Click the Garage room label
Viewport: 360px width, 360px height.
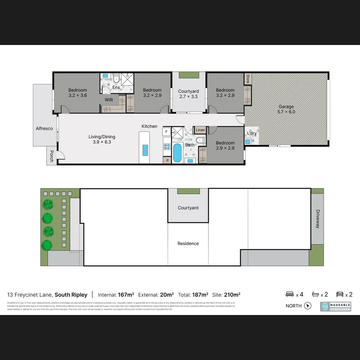[x=286, y=107]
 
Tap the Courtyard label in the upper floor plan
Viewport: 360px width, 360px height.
[x=188, y=91]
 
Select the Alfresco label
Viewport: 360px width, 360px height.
[x=44, y=128]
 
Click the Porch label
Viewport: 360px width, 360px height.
[x=51, y=156]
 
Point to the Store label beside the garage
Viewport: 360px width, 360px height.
[x=248, y=79]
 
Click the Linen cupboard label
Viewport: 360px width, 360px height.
[x=200, y=130]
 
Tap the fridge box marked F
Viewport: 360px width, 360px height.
[x=166, y=132]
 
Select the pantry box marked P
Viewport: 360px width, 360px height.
[x=166, y=160]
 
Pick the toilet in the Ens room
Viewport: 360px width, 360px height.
[x=116, y=79]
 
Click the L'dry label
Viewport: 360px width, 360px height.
[x=252, y=133]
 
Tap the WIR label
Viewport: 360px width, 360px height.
[x=109, y=100]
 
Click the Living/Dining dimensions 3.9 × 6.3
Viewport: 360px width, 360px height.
[x=102, y=142]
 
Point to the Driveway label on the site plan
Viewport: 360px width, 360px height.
[x=318, y=219]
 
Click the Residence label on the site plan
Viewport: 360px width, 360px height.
[x=188, y=244]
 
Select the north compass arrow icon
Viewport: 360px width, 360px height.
[x=308, y=306]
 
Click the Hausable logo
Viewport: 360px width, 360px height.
[x=335, y=306]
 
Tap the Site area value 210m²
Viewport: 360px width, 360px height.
[x=232, y=295]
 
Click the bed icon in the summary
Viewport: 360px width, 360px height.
[x=290, y=294]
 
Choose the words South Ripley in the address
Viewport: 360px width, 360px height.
[x=71, y=295]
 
